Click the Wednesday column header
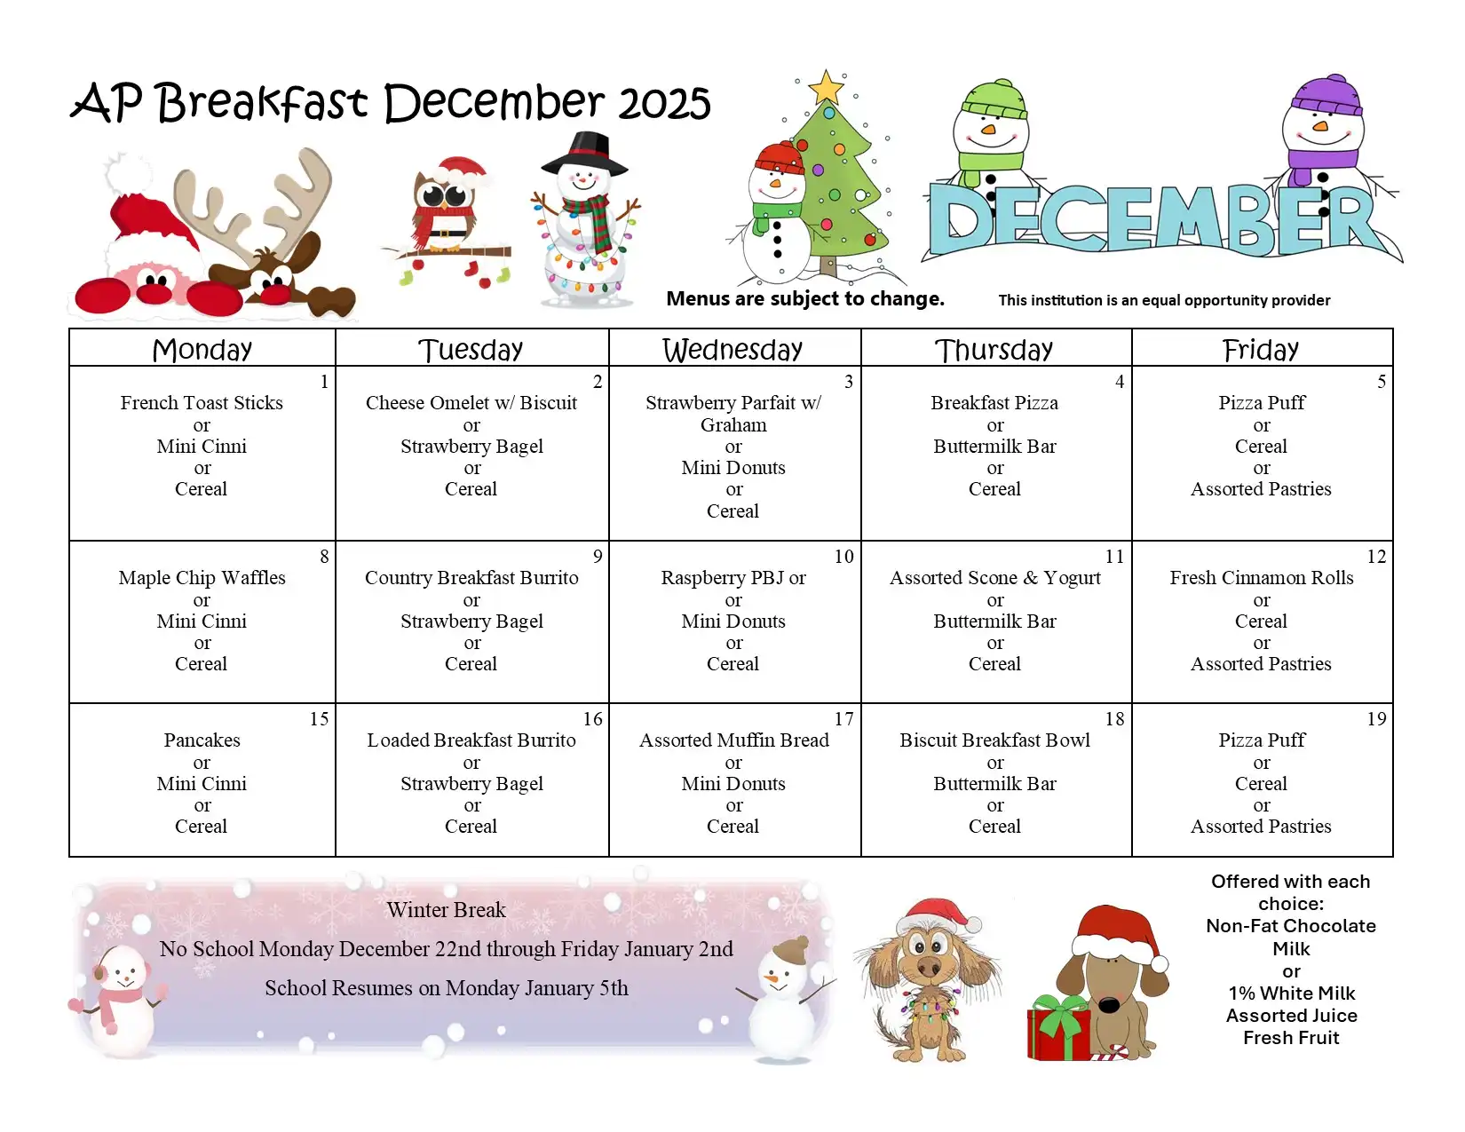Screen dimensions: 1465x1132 732,349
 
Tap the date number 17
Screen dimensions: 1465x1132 843,718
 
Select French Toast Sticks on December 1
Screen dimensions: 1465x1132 202,402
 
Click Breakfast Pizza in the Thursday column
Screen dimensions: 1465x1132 994,402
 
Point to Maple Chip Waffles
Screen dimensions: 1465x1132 202,578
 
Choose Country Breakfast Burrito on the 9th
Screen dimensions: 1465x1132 471,578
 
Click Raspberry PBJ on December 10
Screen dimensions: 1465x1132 723,578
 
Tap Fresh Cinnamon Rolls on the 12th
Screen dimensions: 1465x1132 1262,578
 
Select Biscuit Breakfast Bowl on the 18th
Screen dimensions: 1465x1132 994,740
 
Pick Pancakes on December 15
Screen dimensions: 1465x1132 202,740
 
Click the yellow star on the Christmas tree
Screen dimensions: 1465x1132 826,88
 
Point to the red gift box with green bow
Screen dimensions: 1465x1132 1059,1027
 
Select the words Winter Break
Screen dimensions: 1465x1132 446,910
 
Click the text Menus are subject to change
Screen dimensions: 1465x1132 805,298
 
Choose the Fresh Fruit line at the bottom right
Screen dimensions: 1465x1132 1290,1038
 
